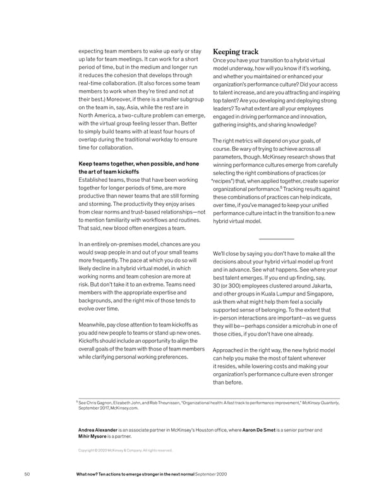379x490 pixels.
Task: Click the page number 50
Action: pyautogui.click(x=27, y=474)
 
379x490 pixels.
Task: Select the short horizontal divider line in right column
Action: pyautogui.click(x=276, y=239)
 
